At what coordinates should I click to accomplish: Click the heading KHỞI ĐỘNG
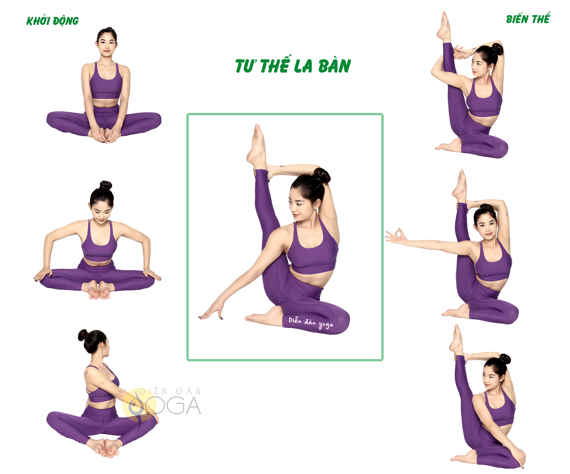[x=52, y=21]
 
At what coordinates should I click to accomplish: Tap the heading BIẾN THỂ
[x=528, y=19]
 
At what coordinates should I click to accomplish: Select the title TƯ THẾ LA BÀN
[x=293, y=65]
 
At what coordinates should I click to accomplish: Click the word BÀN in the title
[x=334, y=66]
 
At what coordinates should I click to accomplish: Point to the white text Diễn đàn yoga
[x=311, y=323]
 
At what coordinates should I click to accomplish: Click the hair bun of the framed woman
[x=322, y=175]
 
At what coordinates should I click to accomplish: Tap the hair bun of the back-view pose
[x=83, y=335]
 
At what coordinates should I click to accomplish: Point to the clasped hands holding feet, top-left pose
[x=105, y=135]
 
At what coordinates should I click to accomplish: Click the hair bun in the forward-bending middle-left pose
[x=106, y=185]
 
